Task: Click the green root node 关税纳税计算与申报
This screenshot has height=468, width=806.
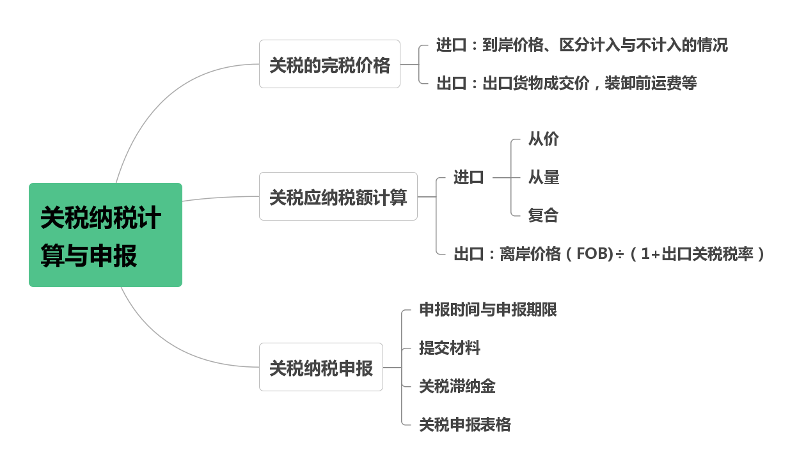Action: point(105,235)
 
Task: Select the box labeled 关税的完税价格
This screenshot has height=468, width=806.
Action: point(329,64)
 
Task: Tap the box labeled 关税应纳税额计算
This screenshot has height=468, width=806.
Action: point(338,196)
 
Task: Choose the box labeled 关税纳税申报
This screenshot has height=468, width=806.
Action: point(320,367)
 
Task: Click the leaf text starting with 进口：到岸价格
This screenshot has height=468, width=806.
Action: point(581,45)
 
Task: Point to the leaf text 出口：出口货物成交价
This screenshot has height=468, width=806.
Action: point(566,83)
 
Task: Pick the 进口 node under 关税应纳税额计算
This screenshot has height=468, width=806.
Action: point(469,178)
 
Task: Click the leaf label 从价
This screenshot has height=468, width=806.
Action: point(543,139)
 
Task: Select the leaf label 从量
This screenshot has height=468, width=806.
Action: point(543,178)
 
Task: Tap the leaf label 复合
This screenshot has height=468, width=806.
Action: point(543,215)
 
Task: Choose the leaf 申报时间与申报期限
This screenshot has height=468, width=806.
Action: point(487,309)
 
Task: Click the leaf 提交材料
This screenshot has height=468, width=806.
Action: point(449,348)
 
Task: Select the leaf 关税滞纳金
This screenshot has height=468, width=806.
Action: point(457,386)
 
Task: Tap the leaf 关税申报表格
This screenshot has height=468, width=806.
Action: point(464,425)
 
